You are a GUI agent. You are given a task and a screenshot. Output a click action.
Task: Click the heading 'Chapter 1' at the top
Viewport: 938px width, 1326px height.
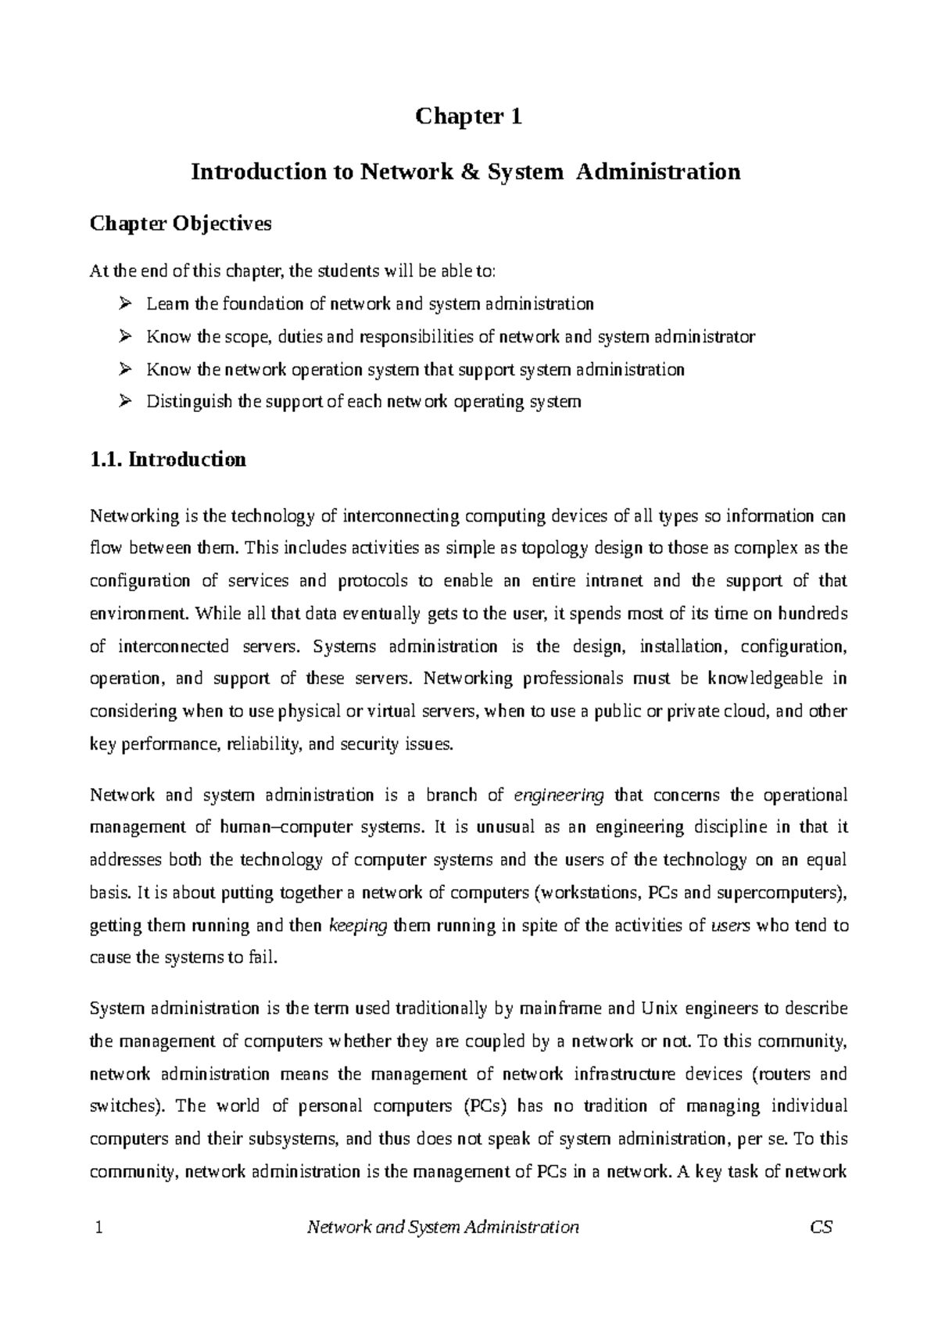click(x=468, y=117)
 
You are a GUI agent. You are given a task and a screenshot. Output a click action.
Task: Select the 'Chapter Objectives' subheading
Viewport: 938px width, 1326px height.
click(x=181, y=224)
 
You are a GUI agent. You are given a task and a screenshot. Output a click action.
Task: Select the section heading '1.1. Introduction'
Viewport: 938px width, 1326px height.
click(x=168, y=459)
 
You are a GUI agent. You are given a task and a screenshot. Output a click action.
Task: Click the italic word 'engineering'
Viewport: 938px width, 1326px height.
click(x=558, y=796)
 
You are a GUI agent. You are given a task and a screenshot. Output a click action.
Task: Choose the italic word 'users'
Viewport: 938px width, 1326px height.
click(x=732, y=926)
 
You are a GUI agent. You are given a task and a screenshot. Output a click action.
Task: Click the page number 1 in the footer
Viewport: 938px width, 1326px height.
click(x=98, y=1227)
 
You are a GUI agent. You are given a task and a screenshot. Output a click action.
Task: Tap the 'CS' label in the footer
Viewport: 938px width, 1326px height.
click(x=822, y=1227)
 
